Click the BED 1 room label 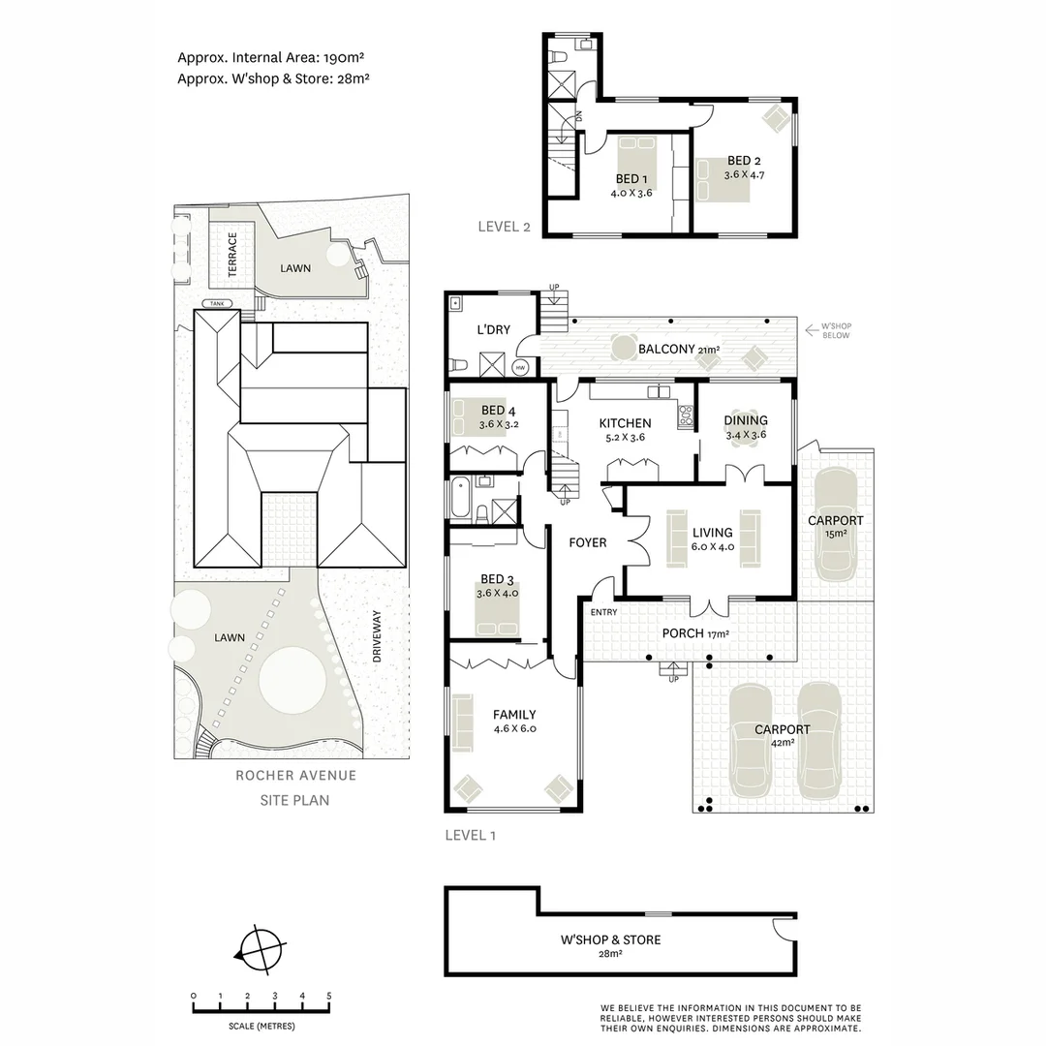coord(628,179)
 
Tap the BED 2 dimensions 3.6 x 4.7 coord(744,175)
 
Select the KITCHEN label coord(625,423)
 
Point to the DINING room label coord(746,420)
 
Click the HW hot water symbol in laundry coord(521,368)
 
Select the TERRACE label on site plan coord(232,255)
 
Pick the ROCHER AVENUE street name coord(295,775)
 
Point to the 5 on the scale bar coord(329,996)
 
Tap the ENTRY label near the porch coord(603,612)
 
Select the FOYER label coord(587,542)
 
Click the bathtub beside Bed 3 coord(460,500)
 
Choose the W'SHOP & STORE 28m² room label coord(610,945)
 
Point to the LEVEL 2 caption coord(505,227)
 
